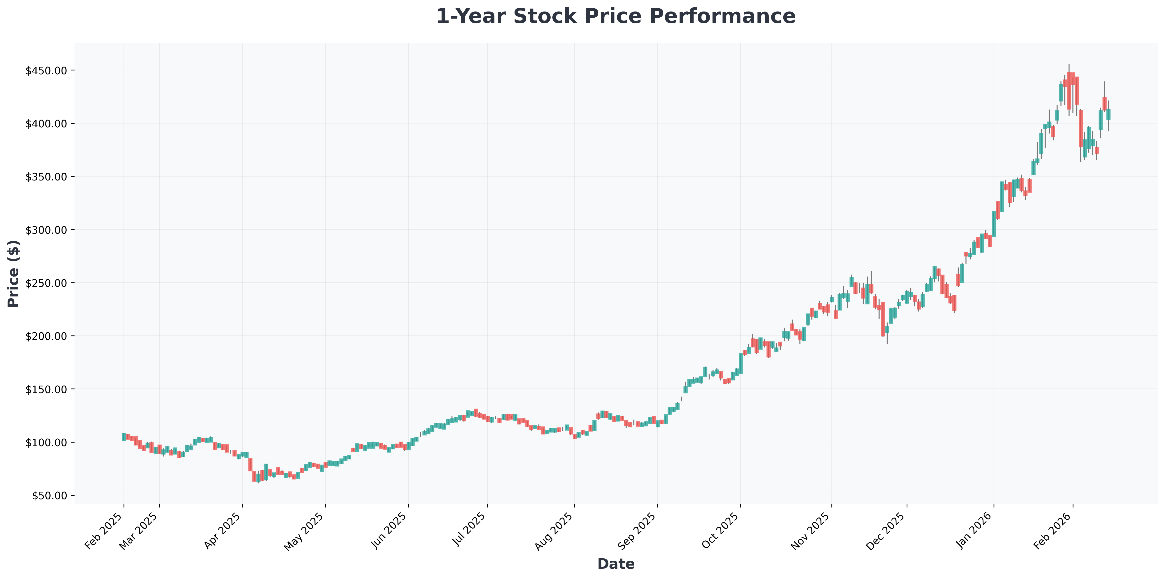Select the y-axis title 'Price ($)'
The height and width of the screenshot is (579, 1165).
click(14, 273)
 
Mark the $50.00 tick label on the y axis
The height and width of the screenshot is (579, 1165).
click(50, 495)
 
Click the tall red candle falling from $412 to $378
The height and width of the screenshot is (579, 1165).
click(1081, 129)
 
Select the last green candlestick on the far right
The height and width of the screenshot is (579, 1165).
click(1108, 114)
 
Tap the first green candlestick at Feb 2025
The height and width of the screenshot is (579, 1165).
click(124, 437)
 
